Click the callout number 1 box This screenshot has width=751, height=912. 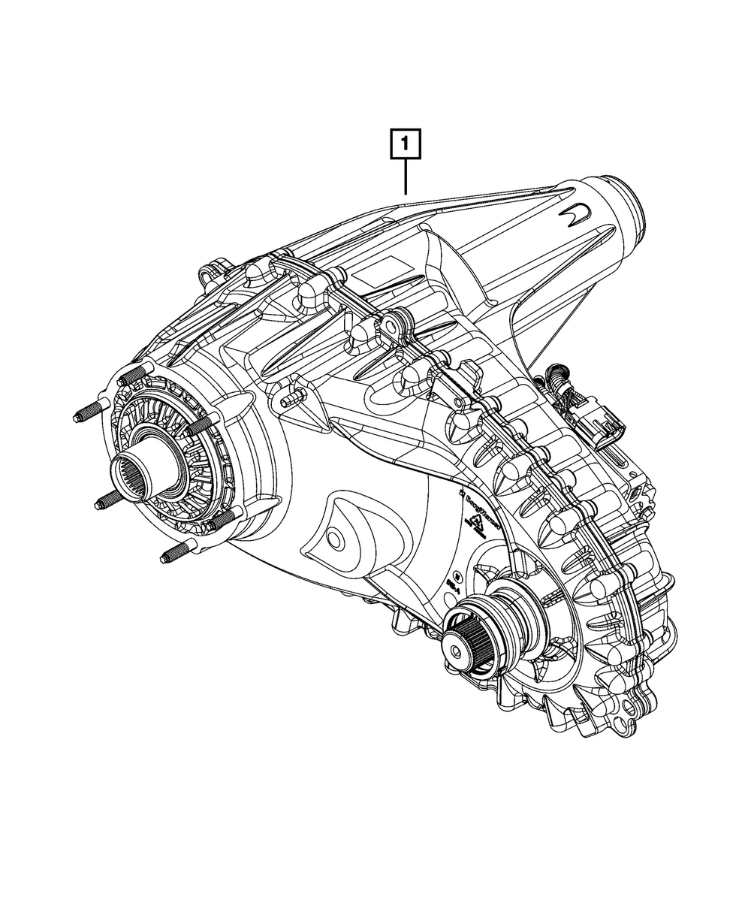(x=406, y=143)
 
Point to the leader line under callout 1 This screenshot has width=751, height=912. (x=406, y=177)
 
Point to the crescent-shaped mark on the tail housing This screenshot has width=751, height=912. (x=575, y=214)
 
